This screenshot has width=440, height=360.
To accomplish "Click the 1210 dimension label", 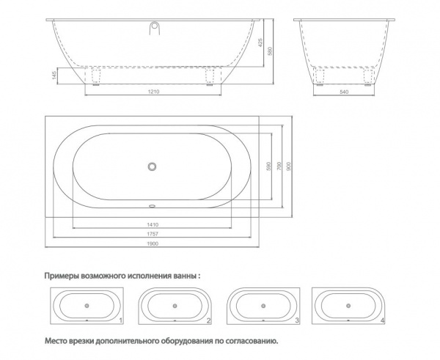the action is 153,92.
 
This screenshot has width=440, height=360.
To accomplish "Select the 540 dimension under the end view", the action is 344,92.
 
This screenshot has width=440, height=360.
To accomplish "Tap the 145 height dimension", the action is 54,76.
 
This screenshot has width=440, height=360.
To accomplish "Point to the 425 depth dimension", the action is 260,43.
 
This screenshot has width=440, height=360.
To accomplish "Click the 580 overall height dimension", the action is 270,51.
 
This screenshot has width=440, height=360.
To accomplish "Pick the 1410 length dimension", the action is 153,224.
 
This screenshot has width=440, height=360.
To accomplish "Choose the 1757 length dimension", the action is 153,234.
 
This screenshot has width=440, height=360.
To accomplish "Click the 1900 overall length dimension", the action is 153,243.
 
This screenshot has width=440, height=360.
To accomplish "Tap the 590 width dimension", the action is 268,166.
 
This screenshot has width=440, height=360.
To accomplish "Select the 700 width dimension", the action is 279,166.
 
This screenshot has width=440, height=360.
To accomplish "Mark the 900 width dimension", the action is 289,166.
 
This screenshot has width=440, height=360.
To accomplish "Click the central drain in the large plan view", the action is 152,166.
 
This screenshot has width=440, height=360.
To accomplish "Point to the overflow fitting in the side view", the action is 155,29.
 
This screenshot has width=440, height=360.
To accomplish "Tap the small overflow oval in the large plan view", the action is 152,206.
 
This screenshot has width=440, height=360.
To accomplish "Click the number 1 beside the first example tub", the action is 121,320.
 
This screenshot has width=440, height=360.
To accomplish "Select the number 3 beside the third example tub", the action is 297,320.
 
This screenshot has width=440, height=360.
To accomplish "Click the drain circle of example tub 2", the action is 175,306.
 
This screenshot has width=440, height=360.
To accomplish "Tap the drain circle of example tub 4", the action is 348,306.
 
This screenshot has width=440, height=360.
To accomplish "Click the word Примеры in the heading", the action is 62,276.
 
